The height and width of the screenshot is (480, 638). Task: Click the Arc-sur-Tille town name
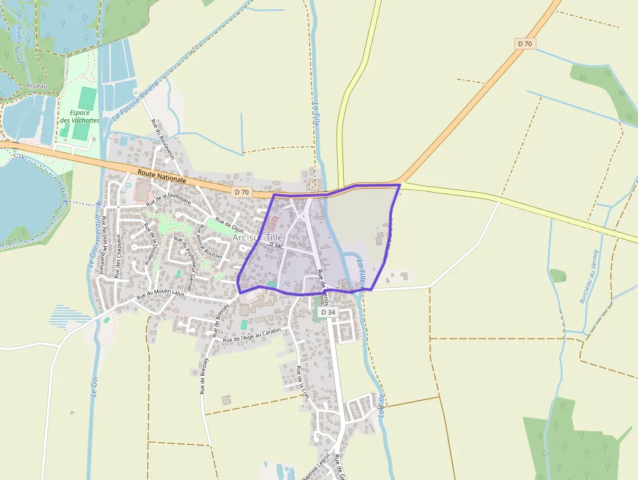[x=258, y=238]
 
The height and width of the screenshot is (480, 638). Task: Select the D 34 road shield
[x=328, y=313]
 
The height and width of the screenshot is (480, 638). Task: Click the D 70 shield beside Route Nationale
[x=242, y=191]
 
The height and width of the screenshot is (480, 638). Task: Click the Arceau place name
[x=37, y=86]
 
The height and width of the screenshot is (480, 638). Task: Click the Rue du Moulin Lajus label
[x=160, y=295]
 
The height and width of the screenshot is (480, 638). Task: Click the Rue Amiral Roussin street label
[x=210, y=242]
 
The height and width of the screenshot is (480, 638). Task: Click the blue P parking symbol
[x=128, y=186]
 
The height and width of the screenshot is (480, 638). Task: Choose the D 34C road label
[x=275, y=246]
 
